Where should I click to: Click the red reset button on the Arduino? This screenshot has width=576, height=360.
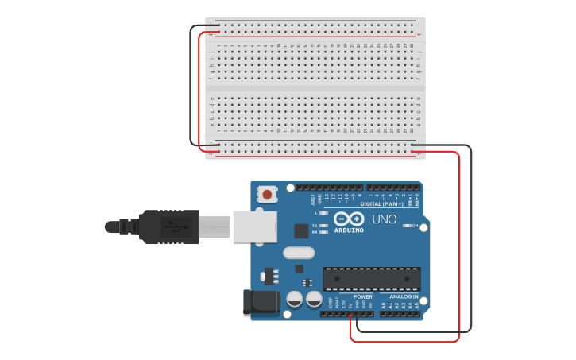[x=268, y=194]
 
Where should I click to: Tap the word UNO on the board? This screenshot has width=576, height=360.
[x=385, y=219]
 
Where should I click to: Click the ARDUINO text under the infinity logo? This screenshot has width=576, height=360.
[x=350, y=230]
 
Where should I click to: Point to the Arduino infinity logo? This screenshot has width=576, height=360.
[x=349, y=219]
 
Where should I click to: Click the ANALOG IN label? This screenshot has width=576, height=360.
[x=401, y=296]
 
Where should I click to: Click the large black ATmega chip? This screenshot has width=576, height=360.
[x=371, y=279]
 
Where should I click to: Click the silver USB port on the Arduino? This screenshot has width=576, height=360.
[x=254, y=226]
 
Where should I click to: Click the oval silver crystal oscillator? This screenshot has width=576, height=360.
[x=298, y=254]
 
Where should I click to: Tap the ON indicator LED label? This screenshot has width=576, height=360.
[x=416, y=226]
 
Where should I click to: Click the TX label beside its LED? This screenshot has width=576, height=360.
[x=315, y=226]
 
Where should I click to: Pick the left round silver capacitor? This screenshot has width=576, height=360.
[x=294, y=300]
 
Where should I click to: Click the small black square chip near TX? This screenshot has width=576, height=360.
[x=301, y=231]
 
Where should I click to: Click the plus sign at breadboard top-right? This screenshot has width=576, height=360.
[x=419, y=35]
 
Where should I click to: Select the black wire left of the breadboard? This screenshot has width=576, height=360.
[x=191, y=87]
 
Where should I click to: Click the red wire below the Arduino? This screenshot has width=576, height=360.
[x=405, y=341]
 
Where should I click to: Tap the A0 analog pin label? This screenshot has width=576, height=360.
[x=383, y=305]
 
